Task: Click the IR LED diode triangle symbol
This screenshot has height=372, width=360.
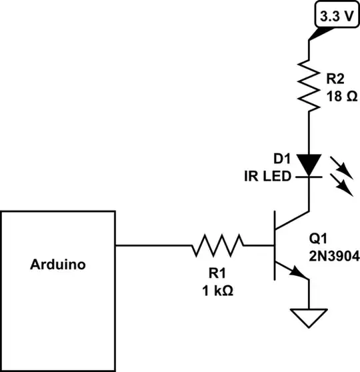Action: click(309, 163)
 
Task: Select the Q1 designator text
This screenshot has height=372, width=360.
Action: click(319, 238)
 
